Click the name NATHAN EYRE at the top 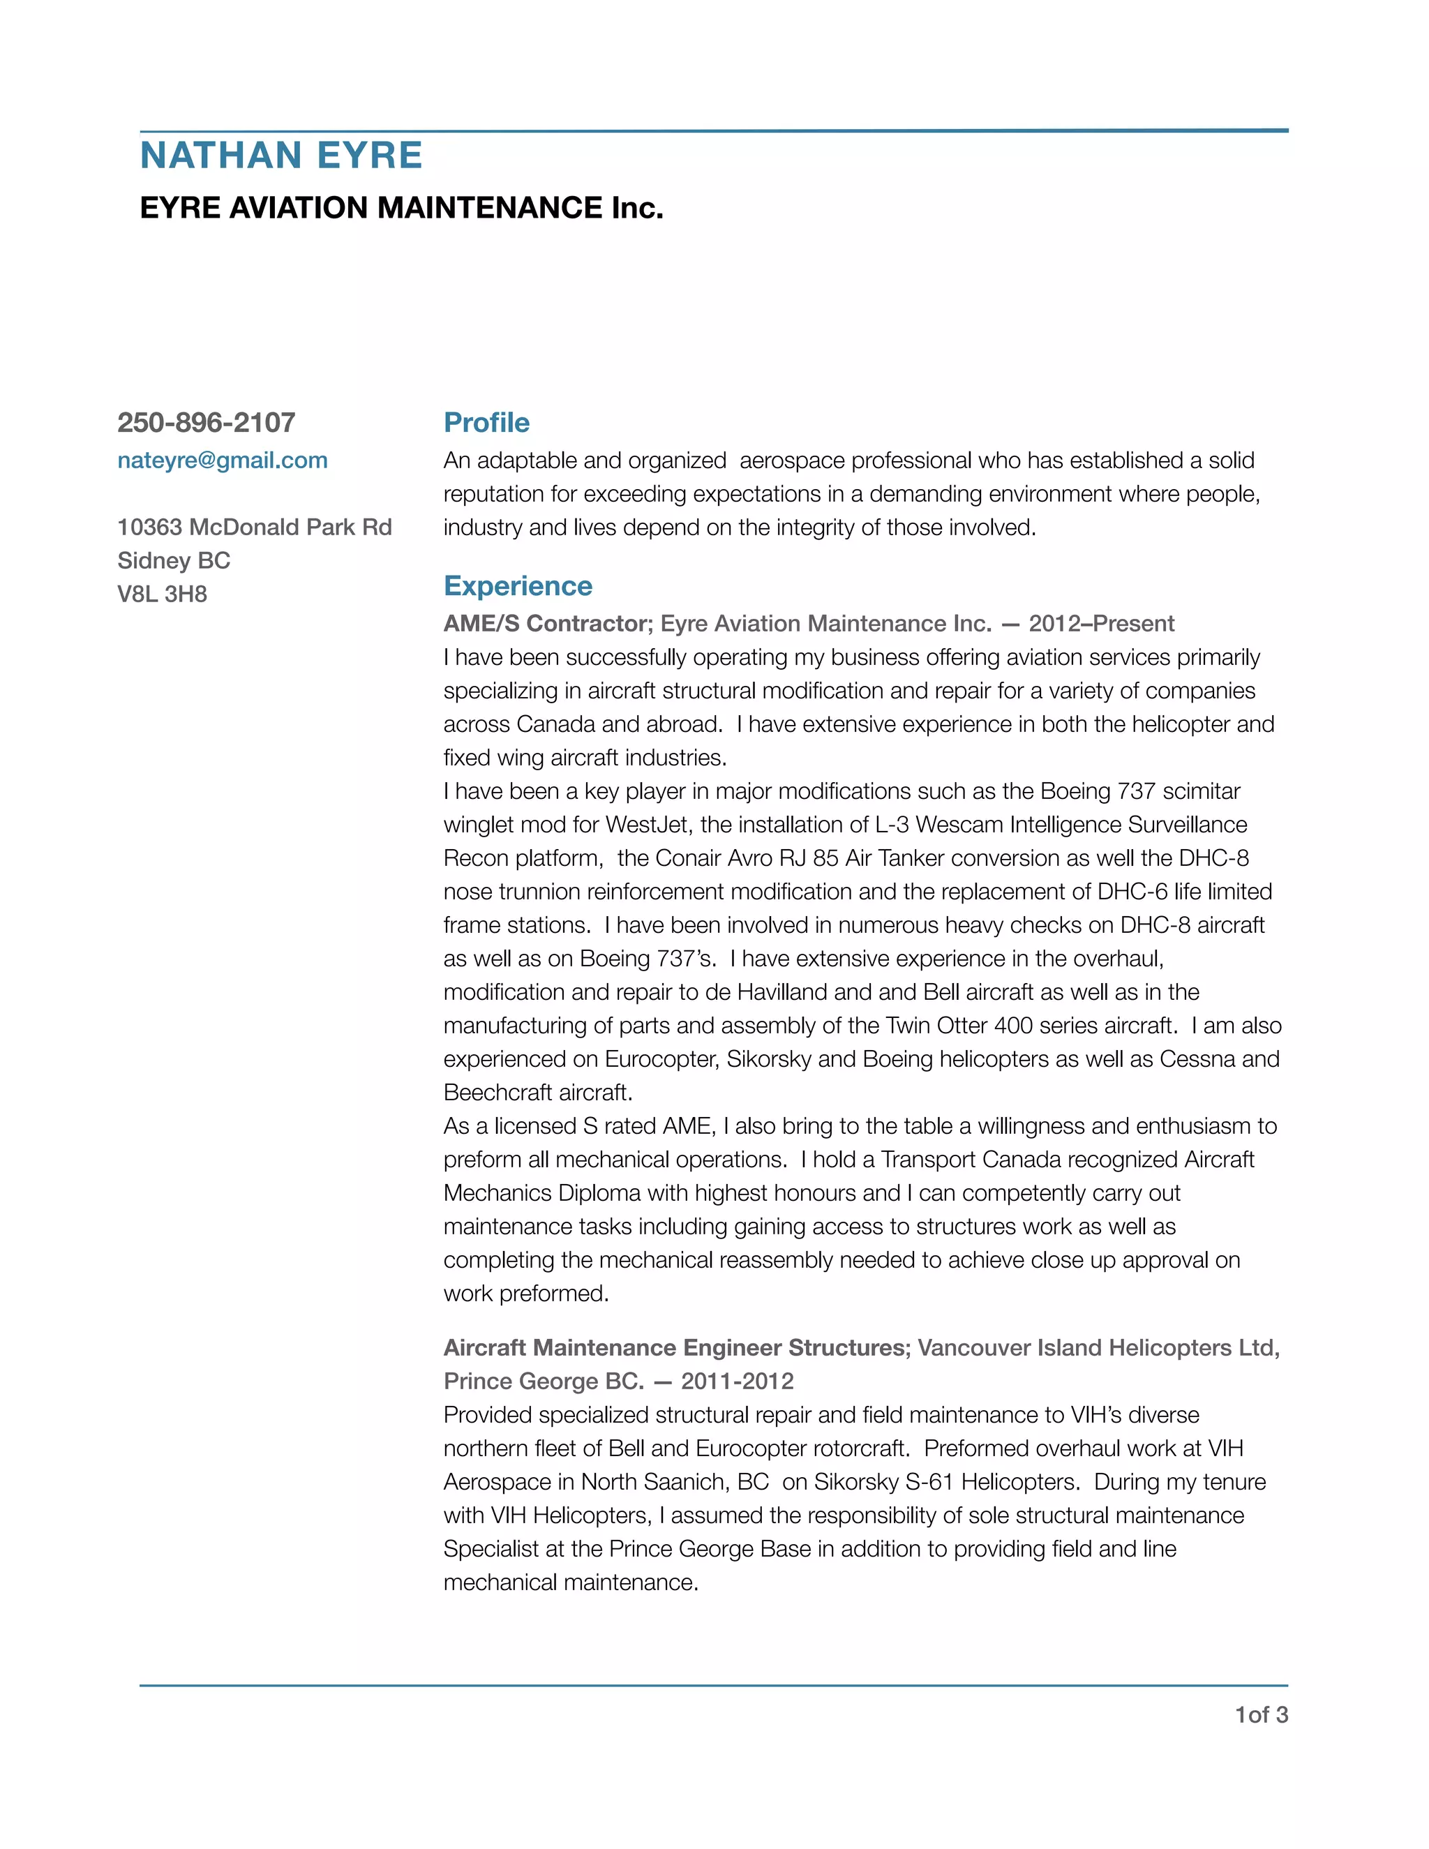coord(281,156)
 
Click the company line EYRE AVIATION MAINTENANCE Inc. coord(401,207)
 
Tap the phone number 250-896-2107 coord(207,422)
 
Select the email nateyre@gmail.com coord(223,461)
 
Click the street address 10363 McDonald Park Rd coord(255,527)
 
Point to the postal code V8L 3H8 coord(163,594)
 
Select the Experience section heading coord(517,586)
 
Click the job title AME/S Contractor coord(546,624)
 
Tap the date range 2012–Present coord(1101,624)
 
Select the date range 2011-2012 coord(738,1382)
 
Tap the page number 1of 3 coord(1262,1715)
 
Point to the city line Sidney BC coord(174,560)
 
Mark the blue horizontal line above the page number coord(714,1686)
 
